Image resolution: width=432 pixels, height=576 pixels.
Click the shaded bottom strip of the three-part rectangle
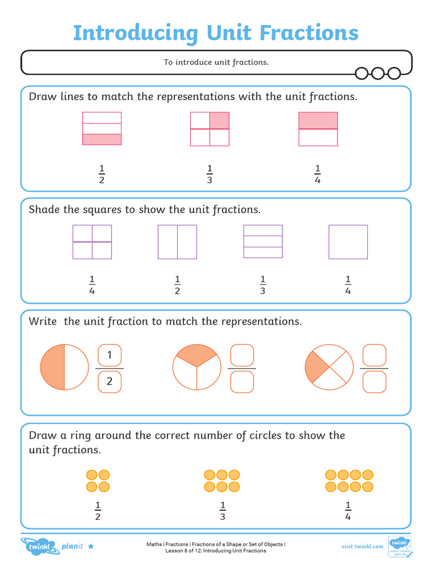pyautogui.click(x=102, y=139)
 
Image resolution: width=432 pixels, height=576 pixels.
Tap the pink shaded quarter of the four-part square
pyautogui.click(x=219, y=120)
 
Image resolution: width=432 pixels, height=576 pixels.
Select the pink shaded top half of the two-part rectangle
pyautogui.click(x=318, y=120)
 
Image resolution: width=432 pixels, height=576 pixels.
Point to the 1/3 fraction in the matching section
pyautogui.click(x=210, y=174)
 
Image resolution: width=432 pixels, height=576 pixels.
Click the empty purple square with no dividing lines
pyautogui.click(x=348, y=242)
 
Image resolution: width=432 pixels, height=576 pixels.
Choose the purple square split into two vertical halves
pyautogui.click(x=177, y=242)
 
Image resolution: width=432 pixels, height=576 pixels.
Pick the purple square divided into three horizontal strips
pyautogui.click(x=263, y=241)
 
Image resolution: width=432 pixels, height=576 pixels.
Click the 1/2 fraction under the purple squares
pyautogui.click(x=177, y=285)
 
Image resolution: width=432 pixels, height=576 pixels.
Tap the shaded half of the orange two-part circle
pyautogui.click(x=52, y=368)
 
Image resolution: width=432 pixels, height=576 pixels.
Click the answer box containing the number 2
pyautogui.click(x=110, y=381)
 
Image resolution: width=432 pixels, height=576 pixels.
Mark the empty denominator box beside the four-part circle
pyautogui.click(x=375, y=381)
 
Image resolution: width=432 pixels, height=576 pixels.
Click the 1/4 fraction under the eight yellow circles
pyautogui.click(x=348, y=511)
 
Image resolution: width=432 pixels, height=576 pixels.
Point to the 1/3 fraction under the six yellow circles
pyautogui.click(x=222, y=511)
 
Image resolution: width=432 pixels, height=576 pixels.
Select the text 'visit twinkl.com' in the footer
pyautogui.click(x=362, y=546)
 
